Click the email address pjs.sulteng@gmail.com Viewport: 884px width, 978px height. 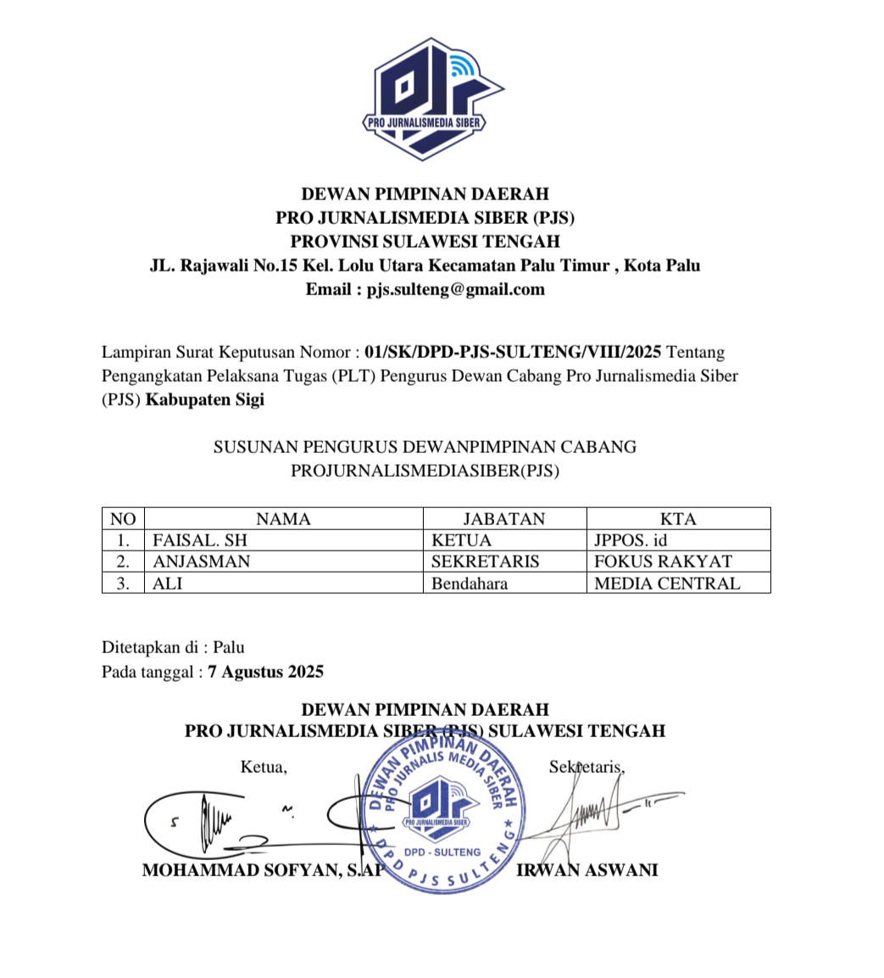coord(455,289)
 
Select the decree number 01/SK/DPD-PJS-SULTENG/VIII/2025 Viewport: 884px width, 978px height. coord(516,351)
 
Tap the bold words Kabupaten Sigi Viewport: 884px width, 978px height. coord(205,400)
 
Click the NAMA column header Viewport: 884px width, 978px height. coord(283,519)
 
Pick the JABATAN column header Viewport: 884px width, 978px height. coord(503,519)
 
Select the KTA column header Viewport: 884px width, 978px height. coord(678,519)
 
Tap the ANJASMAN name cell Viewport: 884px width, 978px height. coord(202,562)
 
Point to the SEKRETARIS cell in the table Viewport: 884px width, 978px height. coord(485,562)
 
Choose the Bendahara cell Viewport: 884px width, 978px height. coord(470,584)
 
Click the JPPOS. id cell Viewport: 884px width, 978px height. coord(631,540)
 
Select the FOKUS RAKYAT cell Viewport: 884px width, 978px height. coord(663,562)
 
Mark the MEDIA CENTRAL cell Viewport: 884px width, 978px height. coord(667,584)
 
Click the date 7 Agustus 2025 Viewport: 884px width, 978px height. coord(265,672)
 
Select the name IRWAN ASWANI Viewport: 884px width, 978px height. coord(587,870)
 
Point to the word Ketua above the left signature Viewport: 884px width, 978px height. coord(264,768)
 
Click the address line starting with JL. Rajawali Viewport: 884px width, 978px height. coord(425,265)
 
